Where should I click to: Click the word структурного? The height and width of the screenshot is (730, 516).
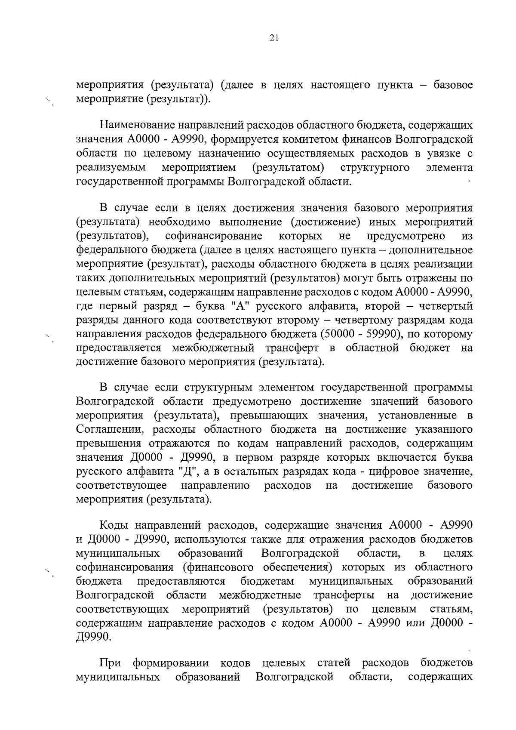pos(375,167)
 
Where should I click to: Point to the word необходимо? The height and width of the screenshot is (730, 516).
pos(181,222)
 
